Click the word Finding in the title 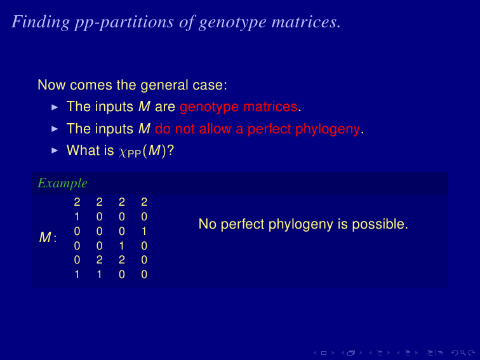coord(41,22)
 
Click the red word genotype coord(209,107)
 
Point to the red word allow coord(215,128)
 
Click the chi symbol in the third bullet coord(123,152)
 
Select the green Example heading coord(62,183)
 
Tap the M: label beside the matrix coord(48,237)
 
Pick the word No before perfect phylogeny coord(208,224)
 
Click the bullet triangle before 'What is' coord(55,150)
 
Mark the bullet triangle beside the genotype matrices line coord(55,107)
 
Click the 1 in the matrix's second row coord(77,217)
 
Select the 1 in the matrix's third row coord(144,231)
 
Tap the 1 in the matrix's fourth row coord(121,246)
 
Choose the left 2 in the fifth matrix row coord(99,260)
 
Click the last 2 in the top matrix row coord(144,202)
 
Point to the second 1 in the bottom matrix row coord(99,274)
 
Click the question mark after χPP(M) coord(171,150)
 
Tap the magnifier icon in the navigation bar coord(463,353)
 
